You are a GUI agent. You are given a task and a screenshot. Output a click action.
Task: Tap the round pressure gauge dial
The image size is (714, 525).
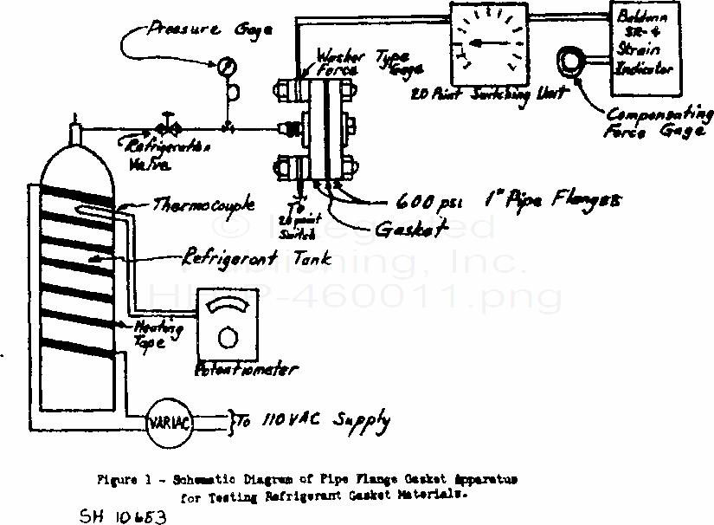click(226, 65)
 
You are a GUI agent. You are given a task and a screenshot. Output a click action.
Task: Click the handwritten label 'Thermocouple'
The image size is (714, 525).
click(204, 205)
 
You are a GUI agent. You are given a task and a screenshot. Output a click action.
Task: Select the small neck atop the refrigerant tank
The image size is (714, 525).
click(75, 133)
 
